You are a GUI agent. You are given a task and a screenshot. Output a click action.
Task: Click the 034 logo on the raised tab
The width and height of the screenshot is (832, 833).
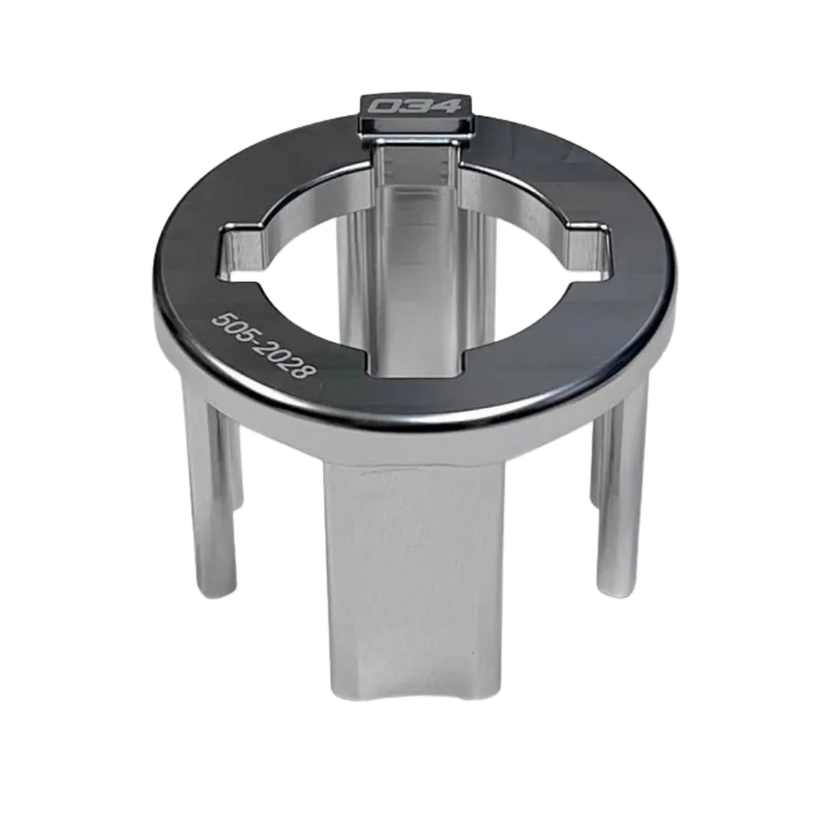coord(415,106)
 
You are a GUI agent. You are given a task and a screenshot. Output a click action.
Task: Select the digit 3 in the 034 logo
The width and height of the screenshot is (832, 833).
coord(416,106)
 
